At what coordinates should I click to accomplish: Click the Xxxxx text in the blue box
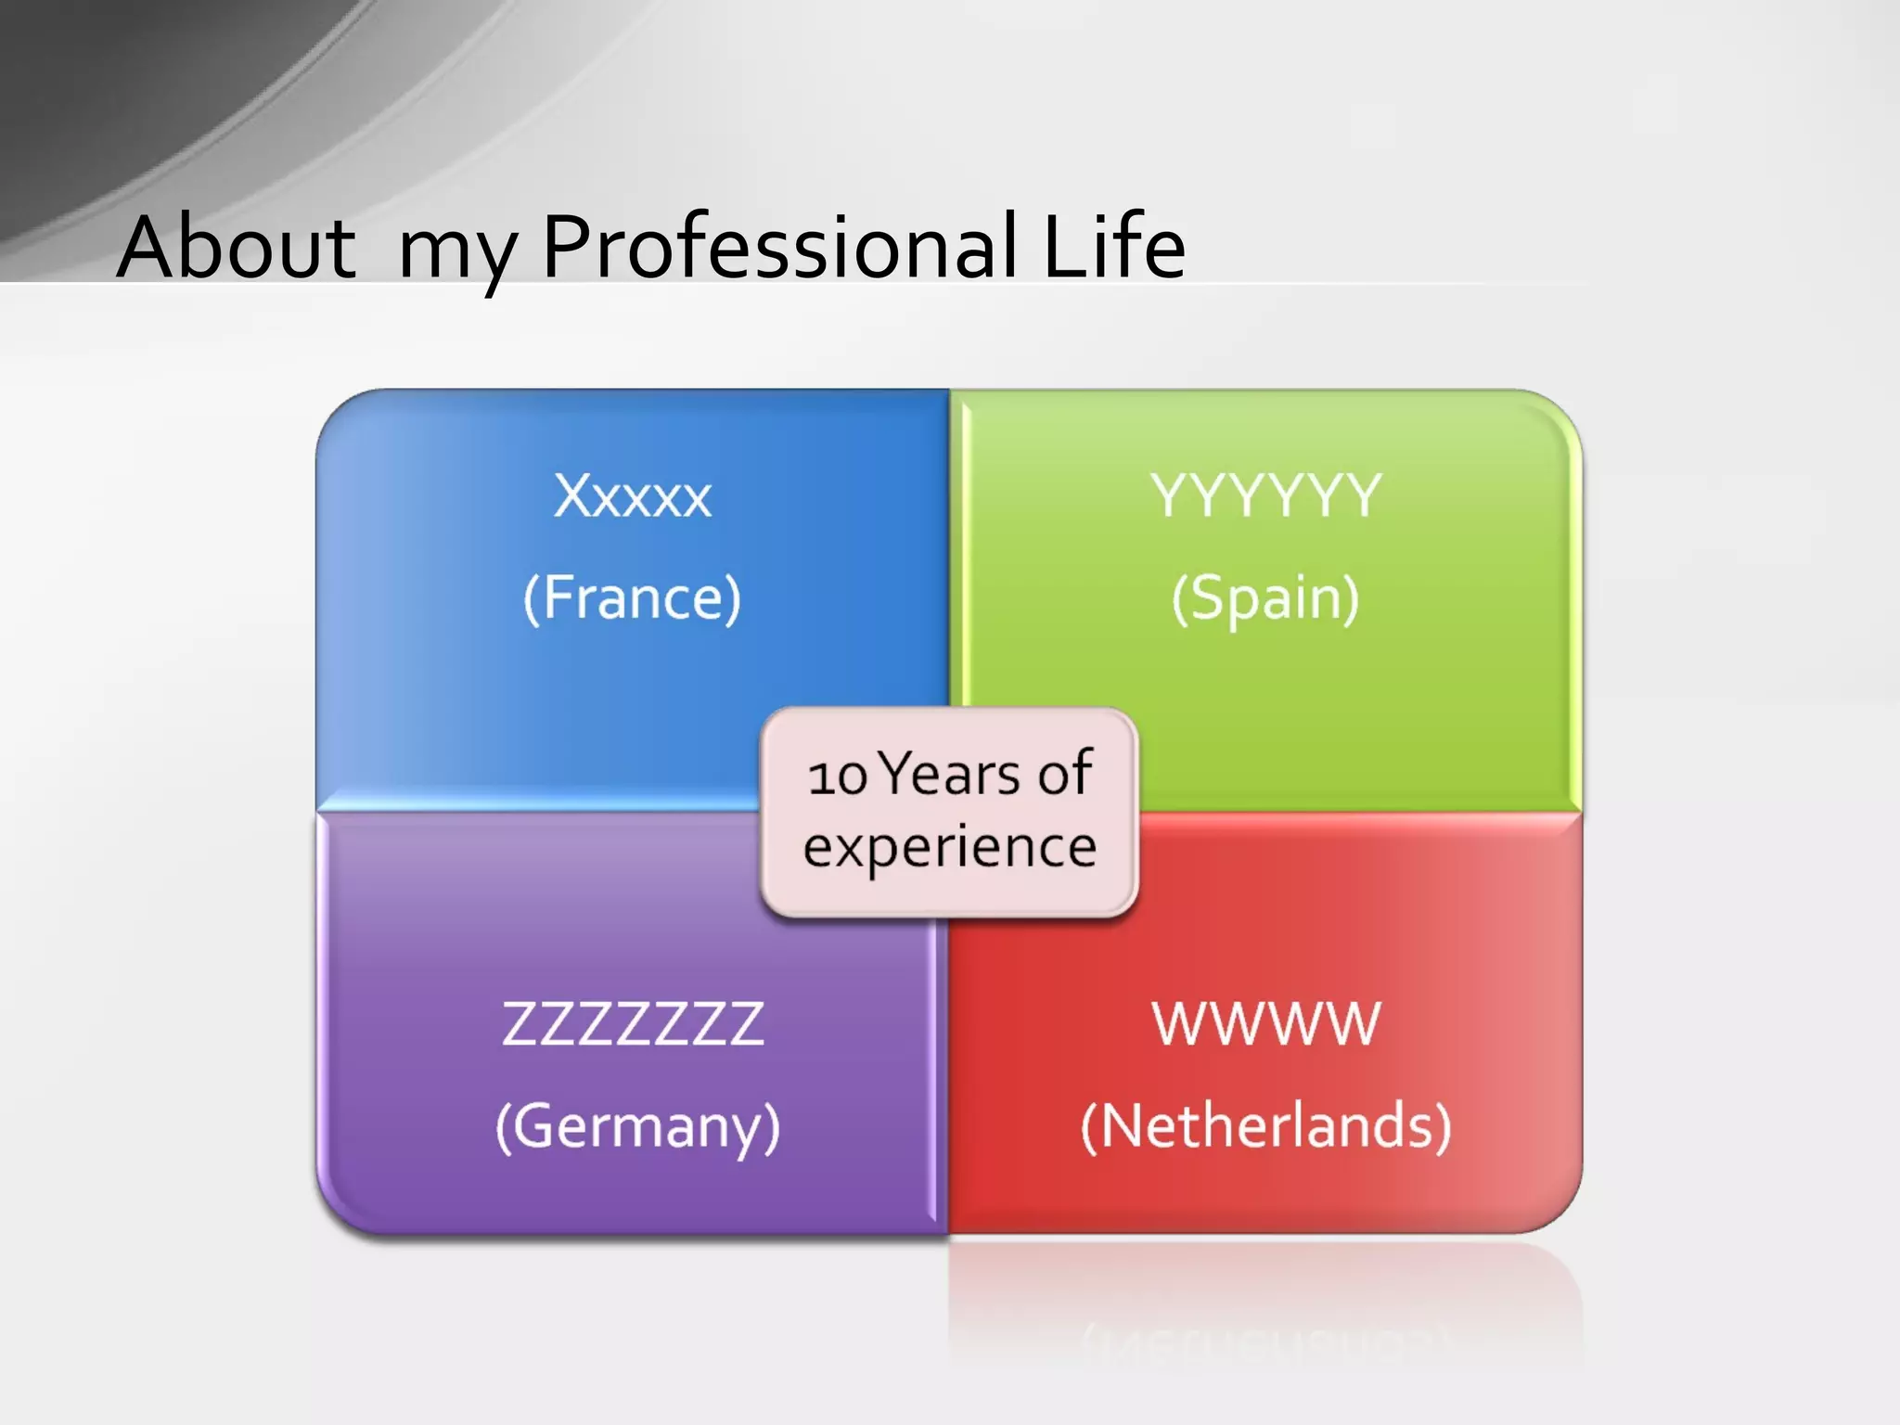[633, 496]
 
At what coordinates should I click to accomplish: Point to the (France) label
[633, 598]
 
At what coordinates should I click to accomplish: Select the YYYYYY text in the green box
[1265, 496]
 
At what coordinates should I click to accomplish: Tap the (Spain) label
[1265, 598]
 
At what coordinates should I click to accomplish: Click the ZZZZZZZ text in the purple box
[633, 1024]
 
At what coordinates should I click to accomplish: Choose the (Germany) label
[638, 1127]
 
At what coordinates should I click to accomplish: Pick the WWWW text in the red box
[1265, 1024]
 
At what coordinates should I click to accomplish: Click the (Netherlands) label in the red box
[1265, 1127]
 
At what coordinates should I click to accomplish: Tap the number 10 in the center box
[837, 777]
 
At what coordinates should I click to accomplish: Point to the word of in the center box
[1065, 774]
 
